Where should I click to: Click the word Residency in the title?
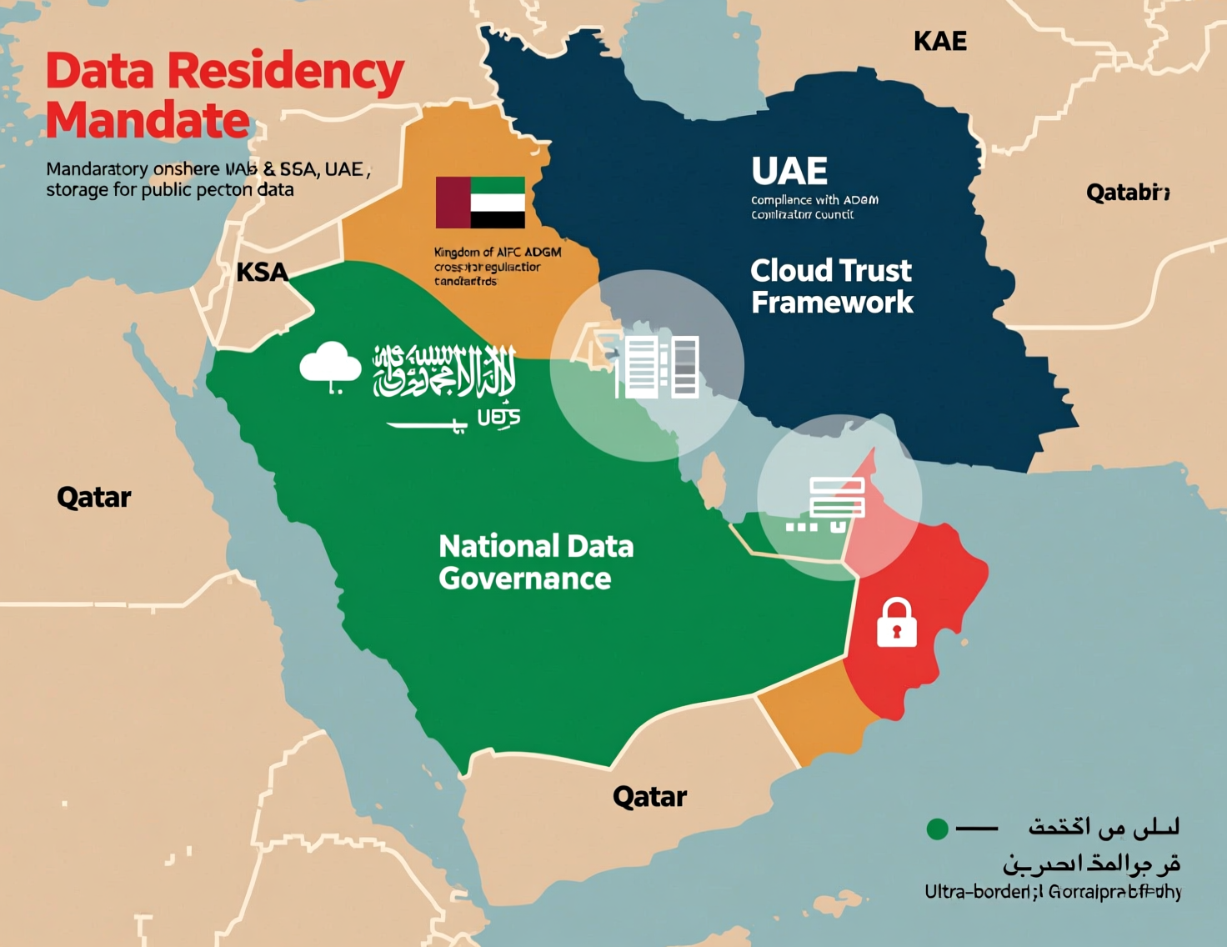(x=286, y=72)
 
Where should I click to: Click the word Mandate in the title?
(x=148, y=121)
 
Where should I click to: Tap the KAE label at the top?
(x=939, y=41)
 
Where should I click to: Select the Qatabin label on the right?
(x=1128, y=193)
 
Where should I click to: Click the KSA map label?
(x=262, y=272)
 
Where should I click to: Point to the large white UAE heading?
(x=789, y=171)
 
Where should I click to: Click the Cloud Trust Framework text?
(x=831, y=286)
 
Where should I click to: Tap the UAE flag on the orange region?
(x=480, y=203)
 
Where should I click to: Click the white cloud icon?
(x=330, y=365)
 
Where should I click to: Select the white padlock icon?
(x=896, y=623)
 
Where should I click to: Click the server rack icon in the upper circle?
(x=658, y=367)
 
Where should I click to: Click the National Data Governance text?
(x=535, y=562)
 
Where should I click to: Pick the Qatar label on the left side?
(x=93, y=498)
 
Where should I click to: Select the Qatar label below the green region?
(x=649, y=797)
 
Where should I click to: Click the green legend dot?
(x=937, y=829)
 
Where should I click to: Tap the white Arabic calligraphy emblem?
(x=444, y=370)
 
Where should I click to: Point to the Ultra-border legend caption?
(x=1052, y=892)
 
